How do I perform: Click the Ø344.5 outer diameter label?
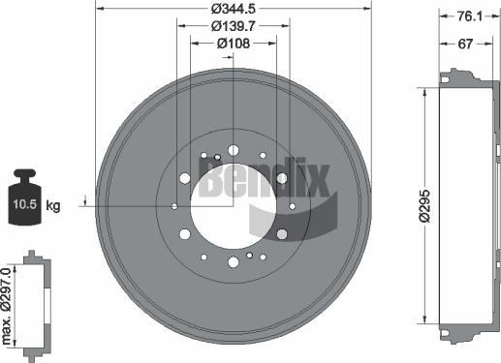(233, 10)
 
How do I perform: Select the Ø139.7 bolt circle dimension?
(231, 27)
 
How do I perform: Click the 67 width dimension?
(465, 44)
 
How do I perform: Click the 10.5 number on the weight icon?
(23, 205)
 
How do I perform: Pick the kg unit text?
(53, 205)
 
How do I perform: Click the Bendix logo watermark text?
(265, 179)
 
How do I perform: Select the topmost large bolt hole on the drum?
(233, 150)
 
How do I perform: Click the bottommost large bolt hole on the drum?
(233, 262)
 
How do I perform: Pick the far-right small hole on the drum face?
(292, 206)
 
